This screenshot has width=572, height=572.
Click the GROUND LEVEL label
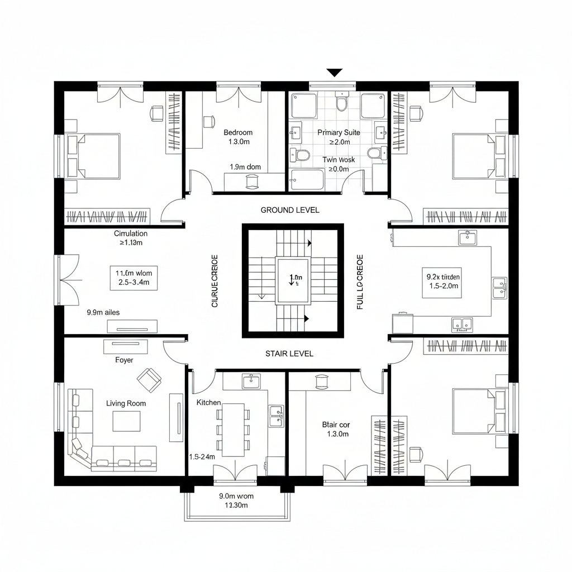290,210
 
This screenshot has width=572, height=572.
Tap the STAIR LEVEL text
289,354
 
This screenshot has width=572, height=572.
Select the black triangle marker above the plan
334,73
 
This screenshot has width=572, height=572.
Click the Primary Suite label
339,133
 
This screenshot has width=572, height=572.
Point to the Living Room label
126,403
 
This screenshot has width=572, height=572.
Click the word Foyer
124,360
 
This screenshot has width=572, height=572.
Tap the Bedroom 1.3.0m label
238,137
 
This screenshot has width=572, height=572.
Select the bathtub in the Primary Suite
307,180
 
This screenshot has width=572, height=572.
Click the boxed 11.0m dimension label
133,278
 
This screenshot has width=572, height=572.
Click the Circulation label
131,238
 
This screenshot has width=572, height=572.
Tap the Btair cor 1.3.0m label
336,429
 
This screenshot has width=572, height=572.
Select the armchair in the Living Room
149,380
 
